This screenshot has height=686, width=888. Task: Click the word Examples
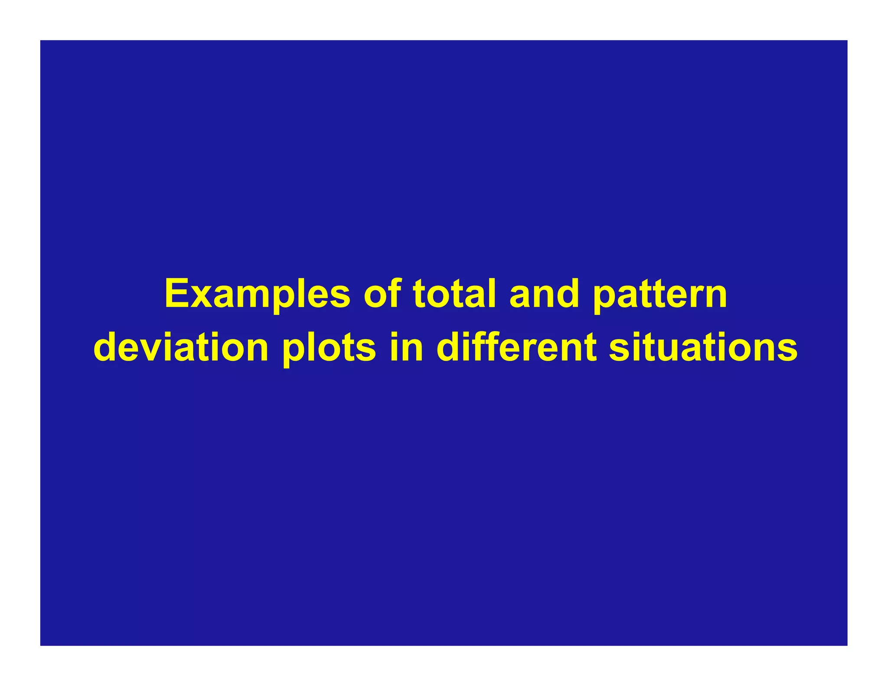tap(257, 294)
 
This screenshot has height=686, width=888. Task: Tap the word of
tap(382, 294)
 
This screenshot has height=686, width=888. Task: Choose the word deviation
tap(181, 348)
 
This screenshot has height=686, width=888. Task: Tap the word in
tap(406, 348)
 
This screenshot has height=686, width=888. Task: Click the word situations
tap(703, 348)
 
